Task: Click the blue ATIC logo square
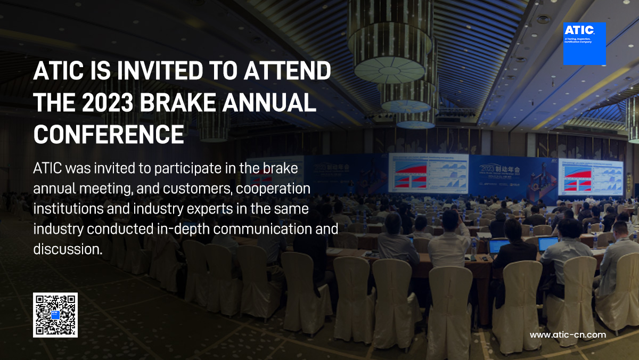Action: point(584,44)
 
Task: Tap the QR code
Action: point(55,315)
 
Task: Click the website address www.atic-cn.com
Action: point(568,335)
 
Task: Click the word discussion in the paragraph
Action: point(67,249)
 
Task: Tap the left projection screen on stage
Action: point(428,173)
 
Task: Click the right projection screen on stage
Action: point(590,176)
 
